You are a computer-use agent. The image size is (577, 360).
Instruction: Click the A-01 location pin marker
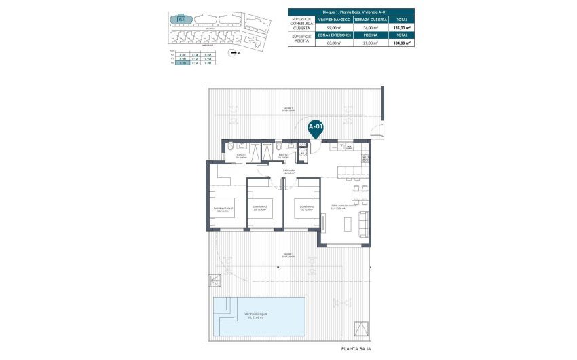coord(316,127)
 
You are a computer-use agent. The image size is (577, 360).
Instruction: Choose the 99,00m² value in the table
coord(337,28)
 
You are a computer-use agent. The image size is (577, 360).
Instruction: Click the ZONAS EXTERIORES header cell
coord(337,35)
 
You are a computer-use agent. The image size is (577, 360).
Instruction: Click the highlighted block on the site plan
coord(181,19)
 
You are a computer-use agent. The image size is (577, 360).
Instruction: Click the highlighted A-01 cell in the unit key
coord(180,64)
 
